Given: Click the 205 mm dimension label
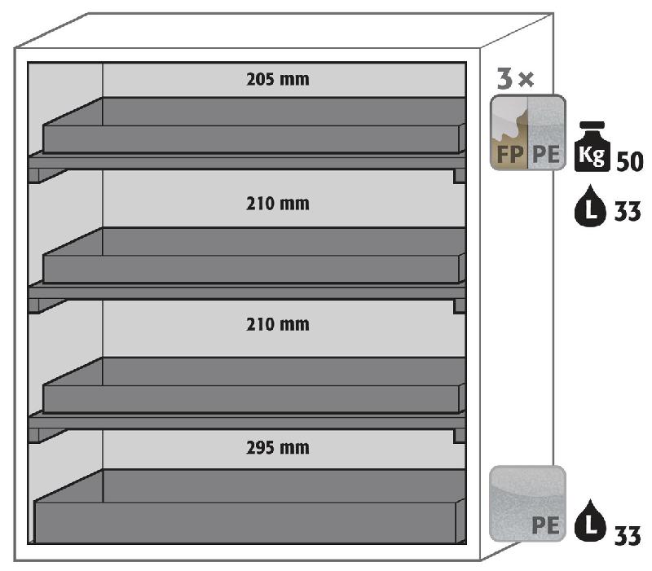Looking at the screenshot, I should (x=278, y=80).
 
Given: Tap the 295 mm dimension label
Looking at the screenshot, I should (x=278, y=447).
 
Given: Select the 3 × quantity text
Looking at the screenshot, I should (x=515, y=79).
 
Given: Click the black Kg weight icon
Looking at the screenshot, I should (x=593, y=147).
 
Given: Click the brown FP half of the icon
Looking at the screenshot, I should (x=509, y=133).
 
